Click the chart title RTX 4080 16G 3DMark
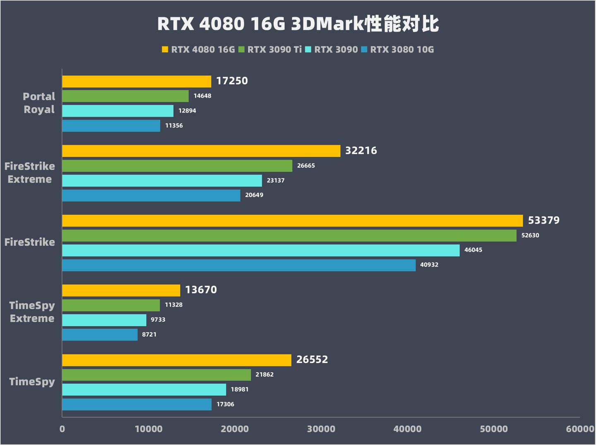tap(298, 24)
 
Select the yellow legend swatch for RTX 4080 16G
tap(165, 50)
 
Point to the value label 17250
tap(232, 81)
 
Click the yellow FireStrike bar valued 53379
tap(292, 221)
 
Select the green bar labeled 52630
tap(289, 236)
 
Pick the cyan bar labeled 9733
tap(104, 320)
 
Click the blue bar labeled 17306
tap(137, 404)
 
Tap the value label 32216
tap(361, 151)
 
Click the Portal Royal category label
tap(39, 103)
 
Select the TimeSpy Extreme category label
tap(32, 312)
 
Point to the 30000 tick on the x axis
tap(321, 429)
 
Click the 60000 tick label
tap(580, 429)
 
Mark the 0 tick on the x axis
tap(62, 429)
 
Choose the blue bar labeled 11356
tap(111, 126)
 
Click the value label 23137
tap(275, 180)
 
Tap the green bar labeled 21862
tap(156, 375)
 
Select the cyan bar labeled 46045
tap(261, 250)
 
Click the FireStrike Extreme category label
tap(29, 173)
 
